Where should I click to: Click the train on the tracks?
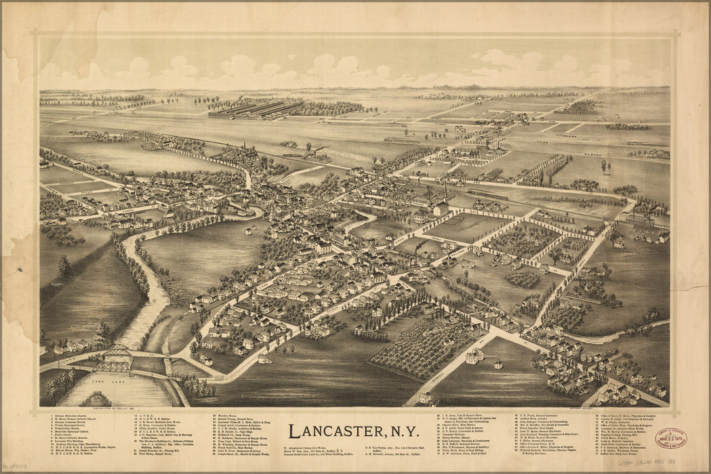pos(488,194)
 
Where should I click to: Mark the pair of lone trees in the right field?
pos(605,165)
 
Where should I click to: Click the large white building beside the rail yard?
pos(441,209)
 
